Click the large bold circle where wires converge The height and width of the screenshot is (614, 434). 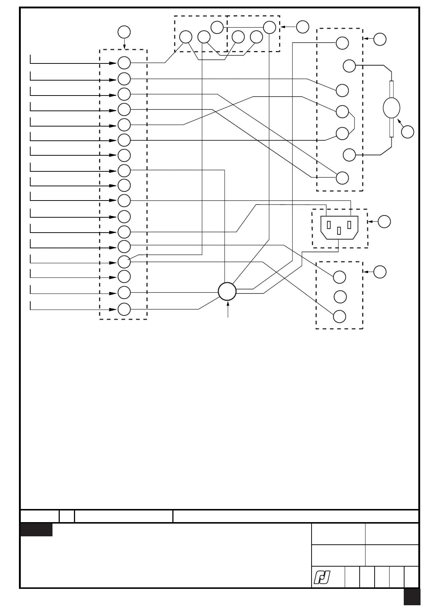tap(227, 291)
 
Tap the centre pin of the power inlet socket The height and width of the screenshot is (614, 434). tap(339, 230)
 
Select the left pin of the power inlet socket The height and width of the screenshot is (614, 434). tap(329, 225)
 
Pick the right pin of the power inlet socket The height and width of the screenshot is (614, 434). tap(349, 225)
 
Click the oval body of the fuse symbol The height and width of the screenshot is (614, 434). tap(392, 108)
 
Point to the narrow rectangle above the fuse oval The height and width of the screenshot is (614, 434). tap(392, 89)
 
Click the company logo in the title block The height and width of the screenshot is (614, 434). tap(322, 578)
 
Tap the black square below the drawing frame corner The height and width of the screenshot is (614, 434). tap(412, 597)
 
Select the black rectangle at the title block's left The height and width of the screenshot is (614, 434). tap(36, 530)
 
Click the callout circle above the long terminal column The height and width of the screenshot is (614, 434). tap(124, 32)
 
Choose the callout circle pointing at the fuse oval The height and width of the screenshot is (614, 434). tap(408, 132)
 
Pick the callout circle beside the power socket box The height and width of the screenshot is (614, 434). tap(384, 222)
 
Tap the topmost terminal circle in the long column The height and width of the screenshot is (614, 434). tap(124, 63)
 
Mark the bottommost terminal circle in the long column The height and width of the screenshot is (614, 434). tap(124, 309)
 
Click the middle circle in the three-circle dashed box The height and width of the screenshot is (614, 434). tap(340, 297)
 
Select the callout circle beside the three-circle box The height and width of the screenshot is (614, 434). tap(380, 272)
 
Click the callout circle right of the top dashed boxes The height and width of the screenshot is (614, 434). tap(302, 27)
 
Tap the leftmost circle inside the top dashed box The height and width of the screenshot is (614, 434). tap(185, 37)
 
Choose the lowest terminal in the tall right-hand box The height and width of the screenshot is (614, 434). tap(342, 178)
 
